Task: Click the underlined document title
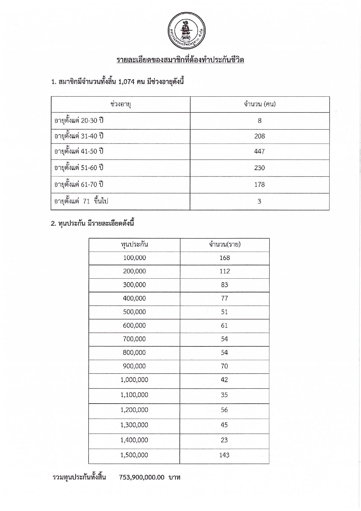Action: pyautogui.click(x=180, y=60)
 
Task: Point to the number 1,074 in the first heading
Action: pyautogui.click(x=126, y=82)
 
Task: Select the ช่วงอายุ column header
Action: pyautogui.click(x=121, y=104)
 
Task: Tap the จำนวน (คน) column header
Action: pyautogui.click(x=260, y=104)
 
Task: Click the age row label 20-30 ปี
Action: pyautogui.click(x=79, y=121)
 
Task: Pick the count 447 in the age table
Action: pyautogui.click(x=259, y=151)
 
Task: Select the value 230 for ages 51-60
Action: pyautogui.click(x=259, y=168)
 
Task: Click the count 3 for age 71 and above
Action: pyautogui.click(x=259, y=201)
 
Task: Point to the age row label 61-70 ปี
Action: pyautogui.click(x=79, y=185)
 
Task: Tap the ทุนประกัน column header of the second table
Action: pyautogui.click(x=135, y=245)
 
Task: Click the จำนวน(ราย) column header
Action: pyautogui.click(x=225, y=245)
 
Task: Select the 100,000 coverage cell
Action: pyautogui.click(x=135, y=258)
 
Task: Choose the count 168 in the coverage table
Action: pyautogui.click(x=225, y=258)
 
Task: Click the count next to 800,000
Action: pyautogui.click(x=224, y=353)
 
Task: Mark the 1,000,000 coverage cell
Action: pyautogui.click(x=134, y=380)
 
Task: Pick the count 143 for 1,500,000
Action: pyautogui.click(x=224, y=455)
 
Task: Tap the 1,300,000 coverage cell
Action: pyautogui.click(x=134, y=425)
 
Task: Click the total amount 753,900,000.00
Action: pyautogui.click(x=142, y=478)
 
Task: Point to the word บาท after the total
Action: pyautogui.click(x=174, y=478)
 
